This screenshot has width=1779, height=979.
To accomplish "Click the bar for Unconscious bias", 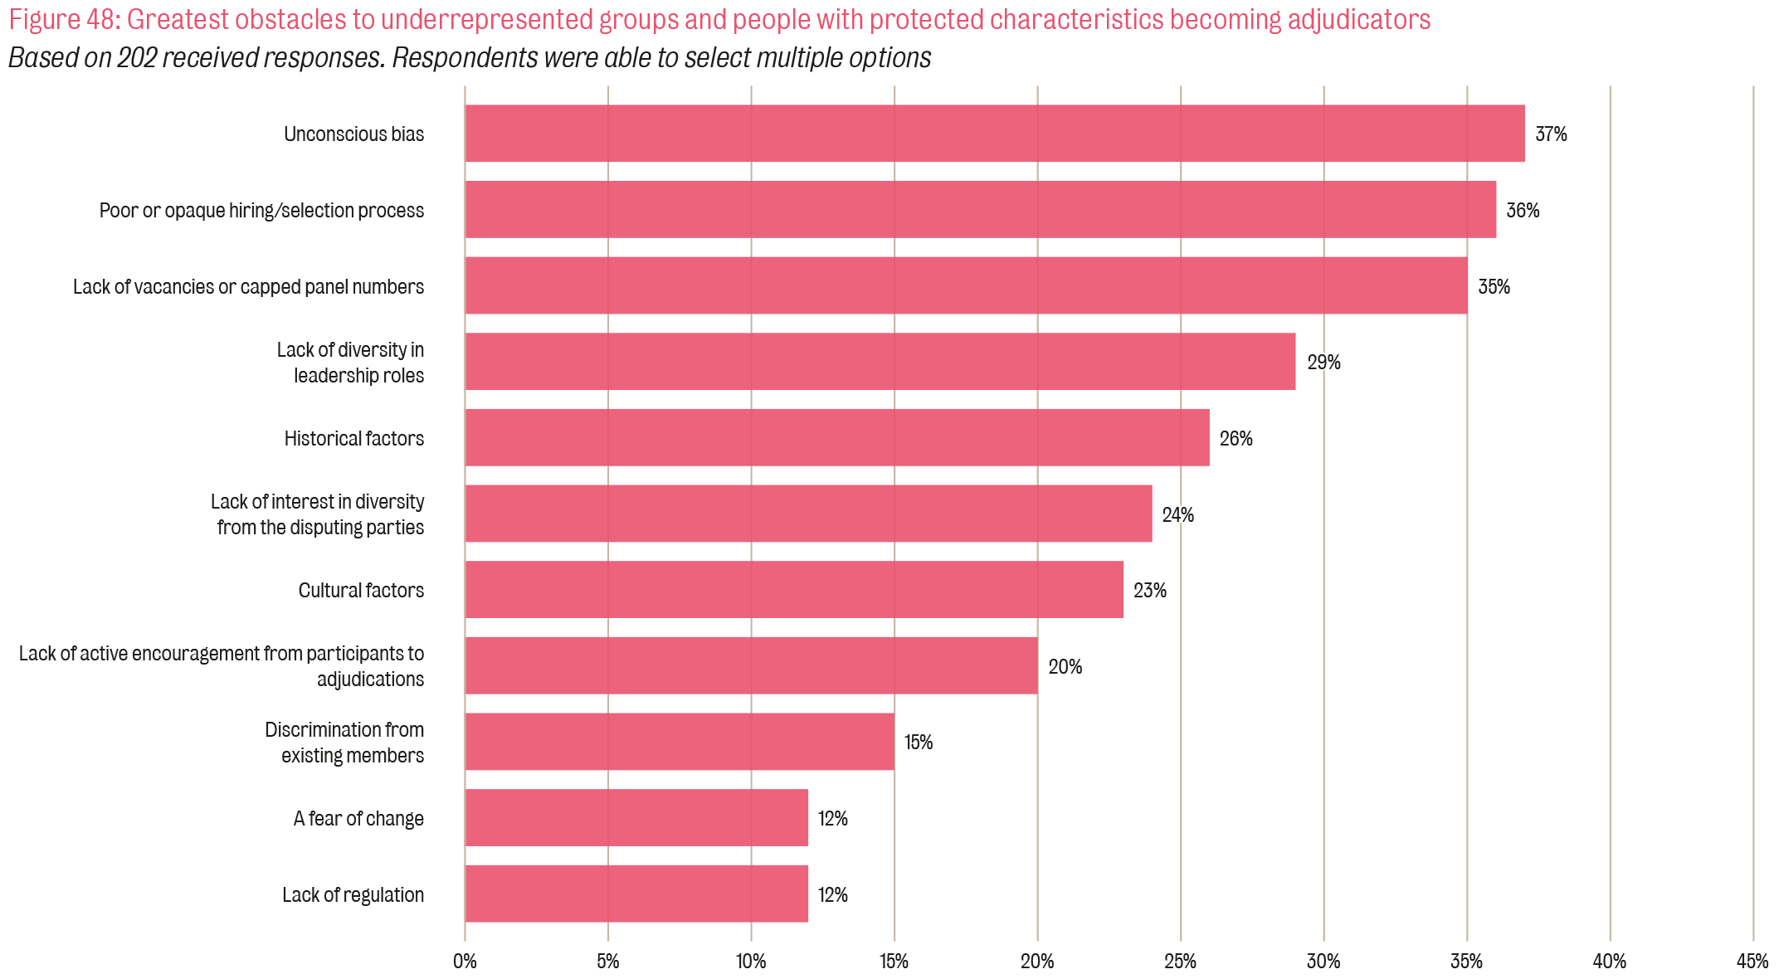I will pos(994,134).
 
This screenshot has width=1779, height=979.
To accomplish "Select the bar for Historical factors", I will pos(836,437).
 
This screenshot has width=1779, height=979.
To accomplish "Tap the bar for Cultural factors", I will pos(793,590).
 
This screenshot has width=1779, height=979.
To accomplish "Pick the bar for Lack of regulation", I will pos(636,894).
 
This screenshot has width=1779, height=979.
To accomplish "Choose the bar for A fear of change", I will pos(636,818).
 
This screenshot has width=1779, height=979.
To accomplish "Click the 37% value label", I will pos(1551,134).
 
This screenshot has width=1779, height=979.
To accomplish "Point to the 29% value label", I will pos(1323,363).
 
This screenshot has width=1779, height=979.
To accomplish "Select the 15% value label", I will pos(919,743).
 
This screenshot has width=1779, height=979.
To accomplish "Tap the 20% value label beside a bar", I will pos(1065,667).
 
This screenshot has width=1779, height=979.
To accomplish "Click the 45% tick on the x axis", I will pos(1752,962).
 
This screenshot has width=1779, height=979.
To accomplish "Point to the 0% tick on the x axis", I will pos(465,962).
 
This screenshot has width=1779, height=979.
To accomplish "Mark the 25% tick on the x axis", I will pos(1180,962).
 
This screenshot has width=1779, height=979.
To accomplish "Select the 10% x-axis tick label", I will pos(751,962).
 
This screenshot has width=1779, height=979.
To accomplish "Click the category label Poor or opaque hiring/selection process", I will pos(261,211).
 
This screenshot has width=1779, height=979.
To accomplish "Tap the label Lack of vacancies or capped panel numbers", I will pos(248,287).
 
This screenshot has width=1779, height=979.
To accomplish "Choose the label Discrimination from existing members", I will pos(344,743).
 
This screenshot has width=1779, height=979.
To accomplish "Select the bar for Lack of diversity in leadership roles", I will pos(880,362).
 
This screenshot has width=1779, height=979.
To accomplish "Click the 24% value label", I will pos(1177,515).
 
